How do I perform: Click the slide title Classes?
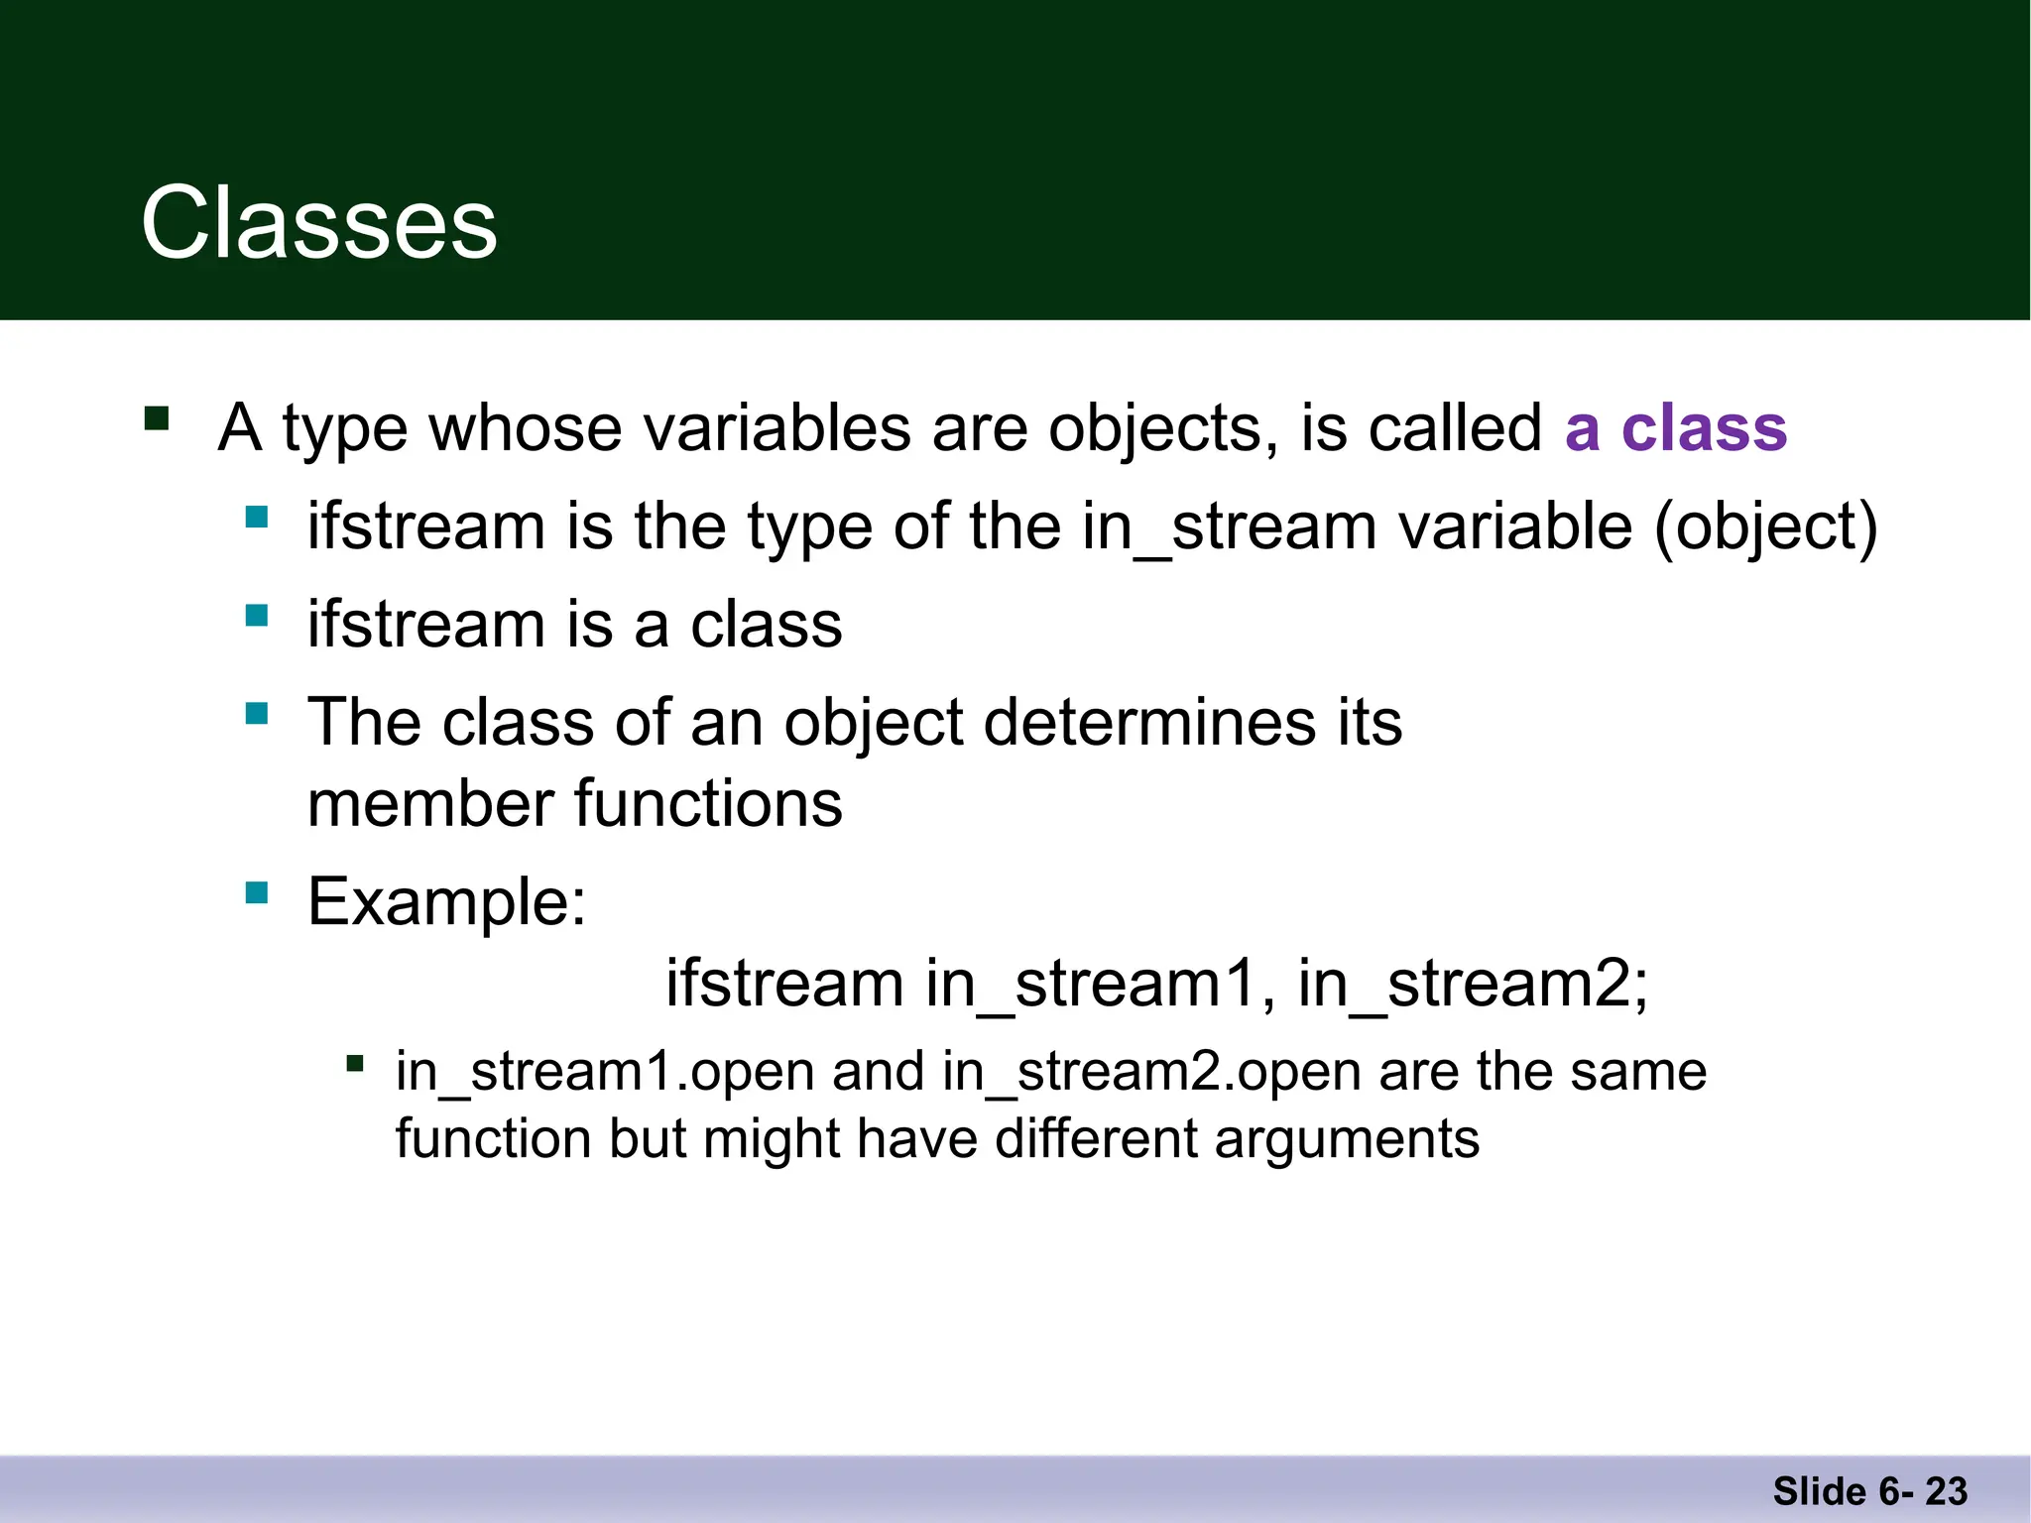[318, 224]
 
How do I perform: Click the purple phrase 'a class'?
[1675, 428]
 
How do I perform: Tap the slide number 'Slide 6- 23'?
[1869, 1491]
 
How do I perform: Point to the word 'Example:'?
[447, 902]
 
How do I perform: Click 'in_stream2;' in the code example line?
[1473, 984]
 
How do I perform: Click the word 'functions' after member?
[708, 803]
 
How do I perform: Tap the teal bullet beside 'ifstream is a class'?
[257, 616]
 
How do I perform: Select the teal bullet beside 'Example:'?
[257, 893]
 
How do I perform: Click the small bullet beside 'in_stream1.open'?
[354, 1065]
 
